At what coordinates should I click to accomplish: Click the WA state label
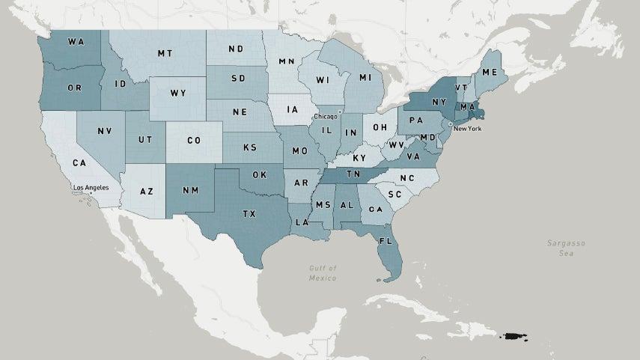pyautogui.click(x=76, y=41)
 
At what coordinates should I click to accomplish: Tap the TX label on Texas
pyautogui.click(x=249, y=214)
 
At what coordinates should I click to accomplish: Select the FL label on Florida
pyautogui.click(x=385, y=242)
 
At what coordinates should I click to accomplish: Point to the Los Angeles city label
pyautogui.click(x=91, y=187)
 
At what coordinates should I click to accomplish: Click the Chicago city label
pyautogui.click(x=326, y=117)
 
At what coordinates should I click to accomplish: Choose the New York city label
pyautogui.click(x=466, y=129)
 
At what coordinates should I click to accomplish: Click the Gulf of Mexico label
pyautogui.click(x=323, y=272)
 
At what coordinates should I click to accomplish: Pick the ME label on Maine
pyautogui.click(x=490, y=73)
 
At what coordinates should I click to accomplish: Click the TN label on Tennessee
pyautogui.click(x=353, y=174)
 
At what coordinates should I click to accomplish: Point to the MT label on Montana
pyautogui.click(x=165, y=54)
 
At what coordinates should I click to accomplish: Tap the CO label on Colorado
pyautogui.click(x=194, y=141)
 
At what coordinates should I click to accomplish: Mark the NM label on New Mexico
pyautogui.click(x=191, y=191)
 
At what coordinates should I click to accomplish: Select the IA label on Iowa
pyautogui.click(x=292, y=110)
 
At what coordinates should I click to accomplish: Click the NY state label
pyautogui.click(x=439, y=103)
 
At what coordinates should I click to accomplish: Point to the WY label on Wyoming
pyautogui.click(x=177, y=94)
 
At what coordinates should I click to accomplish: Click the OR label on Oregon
pyautogui.click(x=74, y=88)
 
